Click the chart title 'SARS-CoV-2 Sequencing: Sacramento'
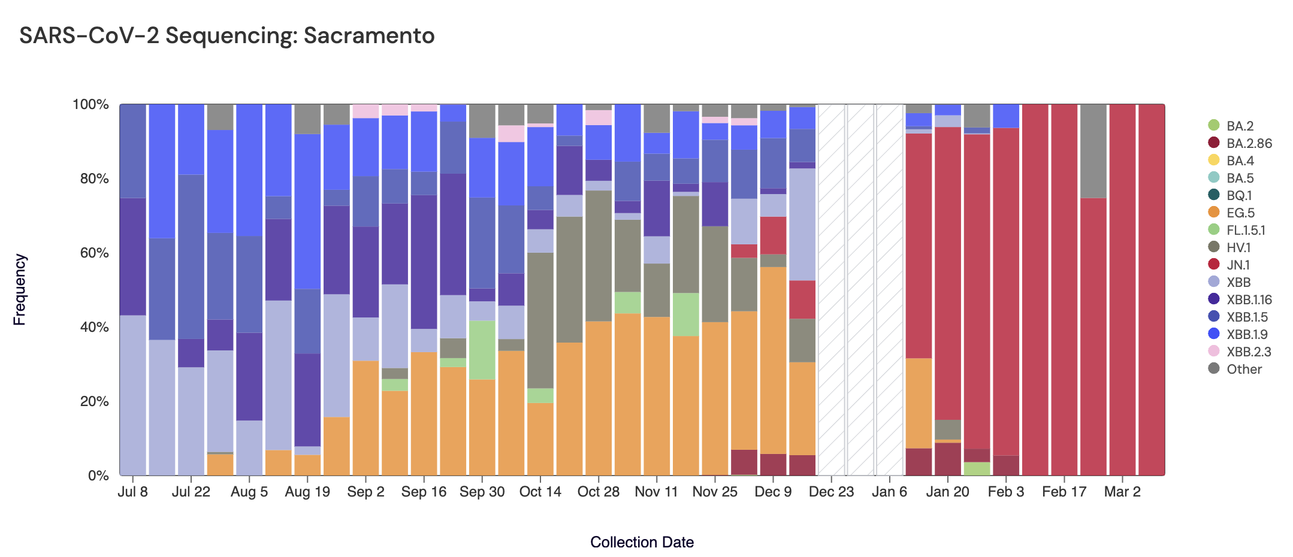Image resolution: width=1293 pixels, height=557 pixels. click(x=226, y=36)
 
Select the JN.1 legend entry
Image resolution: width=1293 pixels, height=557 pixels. click(x=1238, y=265)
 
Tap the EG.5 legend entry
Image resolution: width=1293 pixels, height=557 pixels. click(x=1240, y=213)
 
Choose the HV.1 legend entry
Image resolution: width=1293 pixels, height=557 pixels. click(x=1238, y=247)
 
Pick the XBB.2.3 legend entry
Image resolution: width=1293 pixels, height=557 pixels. click(x=1248, y=352)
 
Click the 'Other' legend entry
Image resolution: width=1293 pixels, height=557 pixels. click(x=1243, y=369)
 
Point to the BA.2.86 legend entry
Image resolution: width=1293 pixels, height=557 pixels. click(x=1249, y=143)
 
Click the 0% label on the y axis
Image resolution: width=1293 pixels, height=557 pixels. click(x=98, y=476)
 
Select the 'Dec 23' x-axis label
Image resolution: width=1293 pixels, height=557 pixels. click(x=831, y=492)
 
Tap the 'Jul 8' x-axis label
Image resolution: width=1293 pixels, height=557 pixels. click(x=132, y=492)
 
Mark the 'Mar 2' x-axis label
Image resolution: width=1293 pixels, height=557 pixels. click(x=1122, y=492)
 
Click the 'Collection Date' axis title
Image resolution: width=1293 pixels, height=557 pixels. click(x=642, y=542)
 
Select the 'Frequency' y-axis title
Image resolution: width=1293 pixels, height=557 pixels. click(x=20, y=289)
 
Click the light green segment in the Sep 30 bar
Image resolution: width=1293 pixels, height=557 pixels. click(x=482, y=350)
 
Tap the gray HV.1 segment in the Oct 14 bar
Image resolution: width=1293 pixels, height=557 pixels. click(x=540, y=320)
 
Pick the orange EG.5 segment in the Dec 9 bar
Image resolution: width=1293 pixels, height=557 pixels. click(x=773, y=359)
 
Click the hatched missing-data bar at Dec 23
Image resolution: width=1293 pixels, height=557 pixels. click(x=831, y=290)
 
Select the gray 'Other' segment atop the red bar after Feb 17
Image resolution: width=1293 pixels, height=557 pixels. click(x=1093, y=151)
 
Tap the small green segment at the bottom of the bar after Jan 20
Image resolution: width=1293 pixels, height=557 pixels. click(x=977, y=468)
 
